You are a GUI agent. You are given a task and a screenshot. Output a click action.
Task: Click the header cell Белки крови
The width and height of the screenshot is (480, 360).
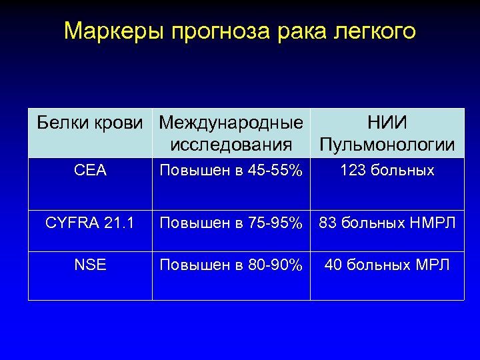coord(90,123)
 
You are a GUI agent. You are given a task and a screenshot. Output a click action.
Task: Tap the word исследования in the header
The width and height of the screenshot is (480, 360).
coord(231,144)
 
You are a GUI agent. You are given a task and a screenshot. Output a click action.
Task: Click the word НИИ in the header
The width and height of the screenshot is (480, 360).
coord(387,123)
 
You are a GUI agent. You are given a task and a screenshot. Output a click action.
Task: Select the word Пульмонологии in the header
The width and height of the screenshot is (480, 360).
coord(387,144)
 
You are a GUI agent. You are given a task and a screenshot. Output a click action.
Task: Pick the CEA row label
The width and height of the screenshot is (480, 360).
coord(91,171)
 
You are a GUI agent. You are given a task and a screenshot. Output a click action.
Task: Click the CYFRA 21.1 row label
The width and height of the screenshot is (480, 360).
coord(91,223)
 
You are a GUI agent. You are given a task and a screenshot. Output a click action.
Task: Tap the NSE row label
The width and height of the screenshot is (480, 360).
coord(91,265)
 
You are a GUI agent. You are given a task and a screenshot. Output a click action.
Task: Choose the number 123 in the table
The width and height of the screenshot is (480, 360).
coord(351,171)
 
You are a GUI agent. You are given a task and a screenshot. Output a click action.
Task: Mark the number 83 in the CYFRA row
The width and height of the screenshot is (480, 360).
coord(327,223)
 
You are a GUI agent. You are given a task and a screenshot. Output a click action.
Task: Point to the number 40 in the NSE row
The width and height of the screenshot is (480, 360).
coord(333,265)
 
